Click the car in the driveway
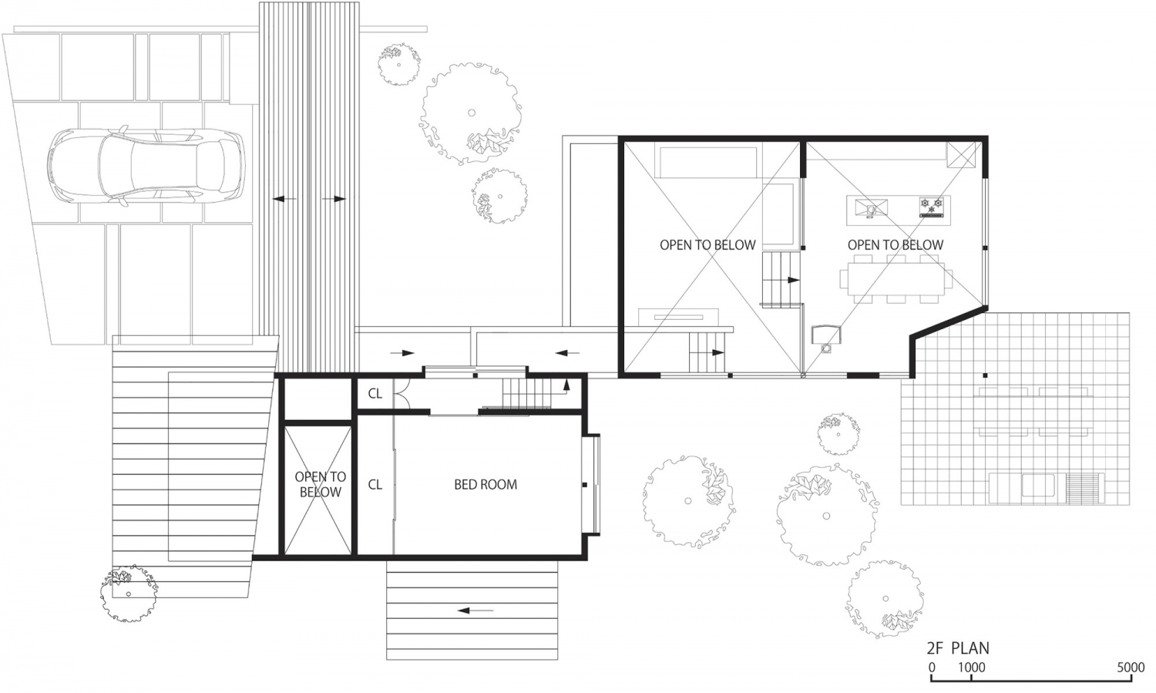tap(145, 166)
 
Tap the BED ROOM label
tap(486, 485)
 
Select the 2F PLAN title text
tap(958, 648)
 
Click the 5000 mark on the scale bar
tap(1131, 668)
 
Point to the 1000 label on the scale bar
tap(971, 668)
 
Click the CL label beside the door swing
tap(375, 394)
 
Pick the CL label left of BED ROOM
tap(375, 485)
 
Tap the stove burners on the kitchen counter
tap(932, 206)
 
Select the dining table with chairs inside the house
tap(896, 276)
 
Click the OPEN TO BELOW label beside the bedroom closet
tap(321, 485)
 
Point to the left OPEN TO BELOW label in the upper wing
tap(707, 245)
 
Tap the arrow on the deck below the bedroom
tap(476, 611)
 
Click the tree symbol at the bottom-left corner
tap(128, 593)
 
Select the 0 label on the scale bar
tap(932, 668)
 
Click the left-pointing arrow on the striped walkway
tap(284, 199)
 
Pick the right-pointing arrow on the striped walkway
tap(334, 199)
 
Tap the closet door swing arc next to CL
tap(401, 395)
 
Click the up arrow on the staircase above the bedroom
tap(566, 383)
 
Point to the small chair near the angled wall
tap(827, 336)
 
